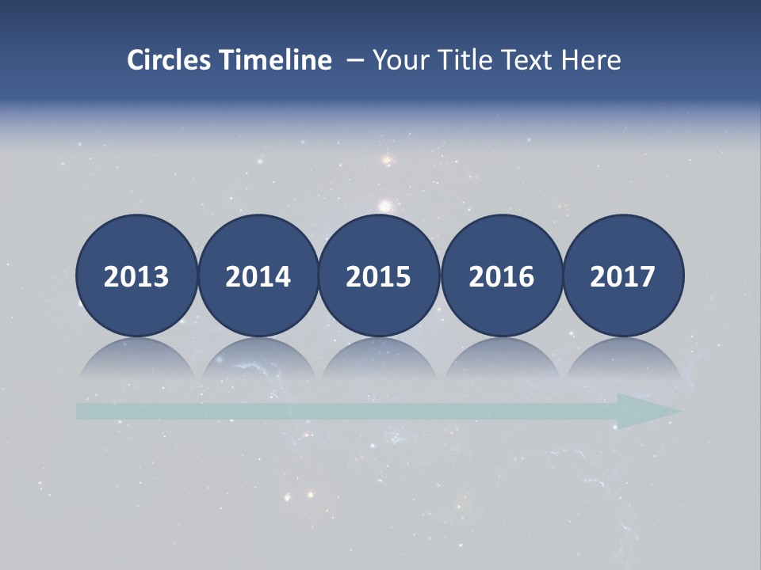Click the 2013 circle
coord(136,275)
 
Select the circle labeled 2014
coord(258,275)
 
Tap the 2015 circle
coord(379,275)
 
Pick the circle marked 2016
coord(501,275)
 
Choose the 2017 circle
coord(622,275)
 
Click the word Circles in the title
coord(170,60)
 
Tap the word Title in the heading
coord(461,60)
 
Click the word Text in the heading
coord(526,60)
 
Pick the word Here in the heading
coord(591,60)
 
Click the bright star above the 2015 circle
coord(385,207)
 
